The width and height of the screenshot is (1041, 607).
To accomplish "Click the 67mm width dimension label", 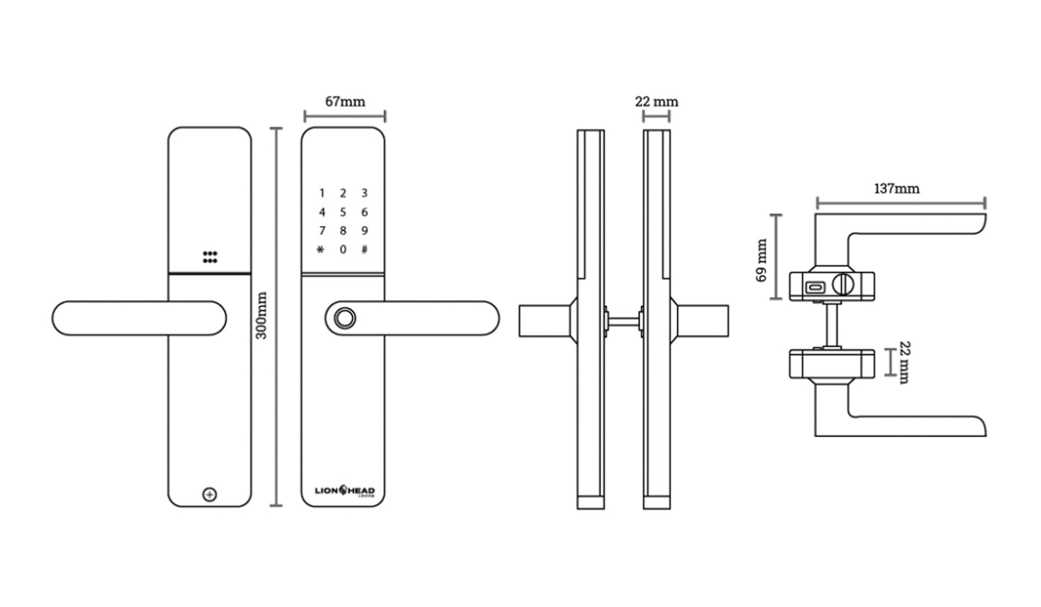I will [x=344, y=102].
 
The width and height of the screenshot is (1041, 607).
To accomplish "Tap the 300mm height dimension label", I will [x=262, y=315].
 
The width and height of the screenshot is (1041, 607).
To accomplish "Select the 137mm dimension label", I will [x=896, y=189].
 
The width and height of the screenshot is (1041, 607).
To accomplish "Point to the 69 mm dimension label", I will [x=761, y=260].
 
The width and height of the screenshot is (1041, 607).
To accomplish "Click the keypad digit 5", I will [x=343, y=212].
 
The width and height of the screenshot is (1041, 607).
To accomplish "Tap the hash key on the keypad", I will [x=365, y=249].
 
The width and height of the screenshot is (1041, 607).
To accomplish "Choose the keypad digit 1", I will [x=322, y=193].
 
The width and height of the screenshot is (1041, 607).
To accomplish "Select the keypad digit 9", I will [x=365, y=230].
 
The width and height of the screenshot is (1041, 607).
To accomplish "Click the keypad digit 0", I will [x=343, y=249].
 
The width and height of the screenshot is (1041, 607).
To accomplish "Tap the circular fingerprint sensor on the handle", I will [x=344, y=318].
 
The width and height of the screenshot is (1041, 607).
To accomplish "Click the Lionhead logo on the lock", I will [x=344, y=491].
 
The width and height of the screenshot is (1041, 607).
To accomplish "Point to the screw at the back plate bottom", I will [x=210, y=495].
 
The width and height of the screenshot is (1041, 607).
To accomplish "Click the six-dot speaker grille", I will [x=210, y=257].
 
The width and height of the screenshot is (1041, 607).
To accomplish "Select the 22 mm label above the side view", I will [x=656, y=102].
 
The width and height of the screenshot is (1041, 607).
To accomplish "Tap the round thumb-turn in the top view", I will [x=841, y=284].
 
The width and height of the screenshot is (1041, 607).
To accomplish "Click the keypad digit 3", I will [x=365, y=193].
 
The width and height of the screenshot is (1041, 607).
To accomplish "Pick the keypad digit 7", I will [x=322, y=230].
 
